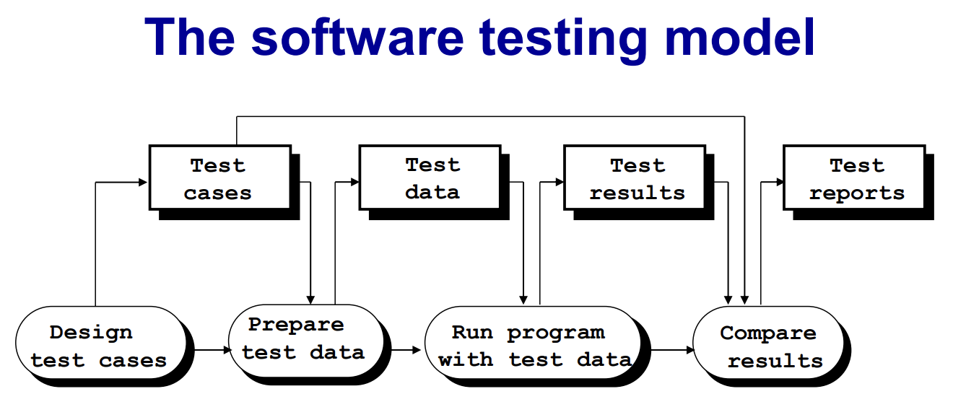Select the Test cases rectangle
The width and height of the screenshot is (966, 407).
tap(219, 178)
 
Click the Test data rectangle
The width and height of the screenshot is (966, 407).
tap(432, 178)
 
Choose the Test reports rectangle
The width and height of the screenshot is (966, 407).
tap(855, 178)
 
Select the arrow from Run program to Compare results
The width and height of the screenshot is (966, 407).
tap(667, 350)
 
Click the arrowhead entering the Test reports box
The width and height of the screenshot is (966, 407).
tap(780, 183)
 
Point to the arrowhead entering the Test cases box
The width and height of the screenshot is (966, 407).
tap(144, 183)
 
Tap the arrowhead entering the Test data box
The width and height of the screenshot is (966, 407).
tap(354, 183)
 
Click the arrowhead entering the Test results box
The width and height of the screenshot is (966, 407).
tap(559, 183)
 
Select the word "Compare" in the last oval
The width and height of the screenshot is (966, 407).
tap(768, 333)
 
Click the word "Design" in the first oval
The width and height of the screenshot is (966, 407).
tap(91, 333)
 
